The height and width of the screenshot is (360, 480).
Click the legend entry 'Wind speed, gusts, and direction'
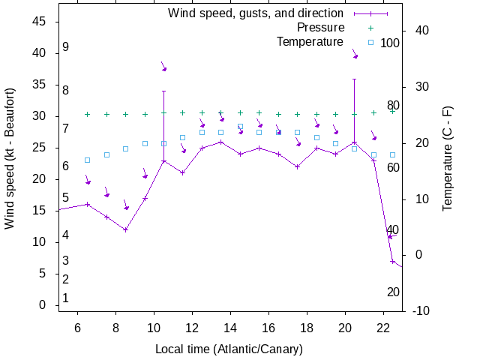pos(255,13)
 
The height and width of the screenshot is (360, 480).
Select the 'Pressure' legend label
pos(310,28)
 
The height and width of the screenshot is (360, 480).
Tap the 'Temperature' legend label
pos(310,42)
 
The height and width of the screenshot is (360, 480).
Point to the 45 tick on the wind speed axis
pos(41,22)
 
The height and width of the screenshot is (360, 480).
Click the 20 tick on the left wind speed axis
pos(41,179)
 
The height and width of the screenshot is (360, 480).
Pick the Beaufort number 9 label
pos(66,47)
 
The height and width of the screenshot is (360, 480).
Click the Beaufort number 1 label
pos(66,298)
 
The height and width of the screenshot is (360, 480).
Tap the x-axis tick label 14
pos(230,328)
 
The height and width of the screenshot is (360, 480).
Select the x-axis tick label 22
pos(382,328)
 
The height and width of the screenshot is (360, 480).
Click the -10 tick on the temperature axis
pos(421,311)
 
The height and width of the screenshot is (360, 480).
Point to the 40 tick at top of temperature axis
pos(421,31)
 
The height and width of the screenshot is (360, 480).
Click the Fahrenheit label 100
pos(390,43)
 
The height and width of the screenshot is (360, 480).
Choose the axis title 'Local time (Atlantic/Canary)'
pos(229,349)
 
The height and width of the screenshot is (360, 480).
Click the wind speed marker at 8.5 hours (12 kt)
pos(126,229)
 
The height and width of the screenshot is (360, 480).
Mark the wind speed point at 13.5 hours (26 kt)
pos(220,142)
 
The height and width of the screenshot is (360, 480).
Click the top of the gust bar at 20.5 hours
pos(354,79)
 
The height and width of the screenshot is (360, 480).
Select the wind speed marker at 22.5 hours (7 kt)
pos(392,261)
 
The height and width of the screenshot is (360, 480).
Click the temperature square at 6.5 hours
pos(88,160)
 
